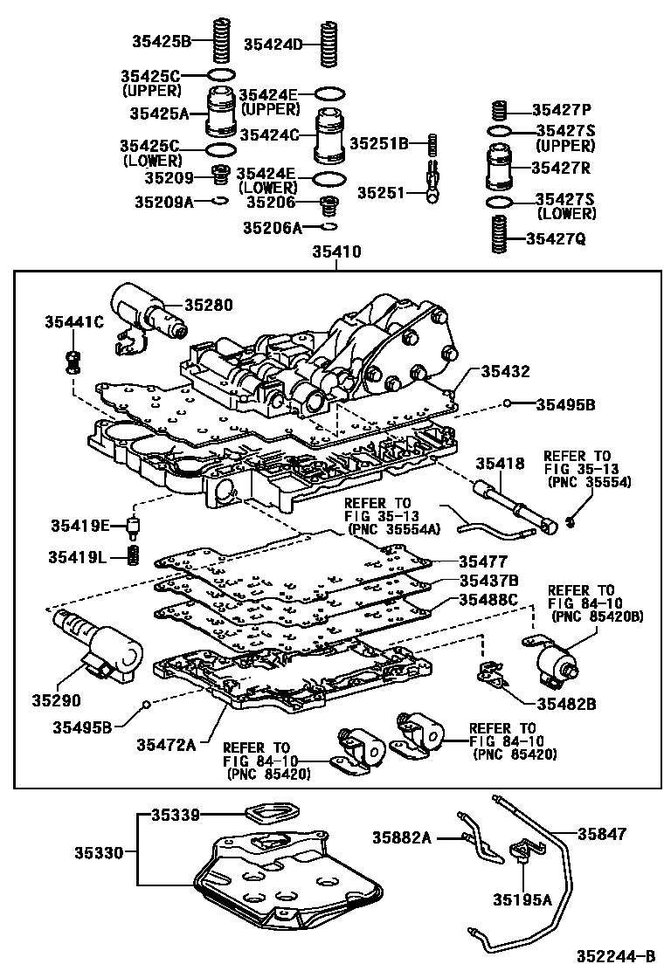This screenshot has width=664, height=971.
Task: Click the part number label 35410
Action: coord(331,252)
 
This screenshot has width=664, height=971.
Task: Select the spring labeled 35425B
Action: coord(222,40)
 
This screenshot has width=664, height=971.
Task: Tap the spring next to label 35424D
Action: coord(329,44)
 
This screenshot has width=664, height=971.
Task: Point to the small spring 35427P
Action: coord(500,111)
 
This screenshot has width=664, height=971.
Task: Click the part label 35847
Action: coord(600,835)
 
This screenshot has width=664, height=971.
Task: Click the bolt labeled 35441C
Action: coord(73,359)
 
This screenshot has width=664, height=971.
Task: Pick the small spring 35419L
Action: coord(134,554)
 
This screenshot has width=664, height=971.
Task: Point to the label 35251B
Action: coord(379,143)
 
